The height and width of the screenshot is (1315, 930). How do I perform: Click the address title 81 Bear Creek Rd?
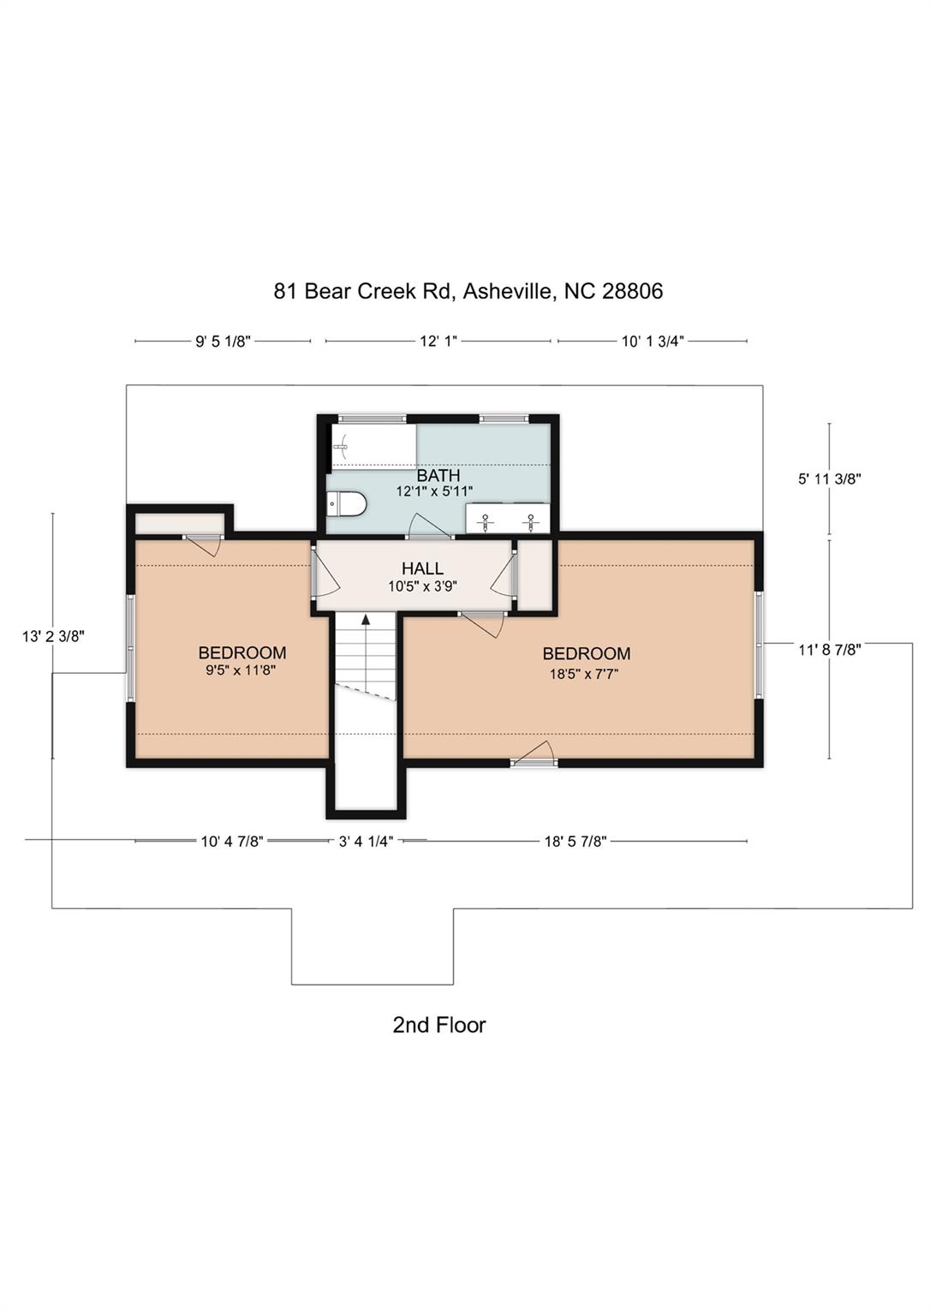point(468,291)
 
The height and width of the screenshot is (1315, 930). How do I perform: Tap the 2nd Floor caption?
point(438,1025)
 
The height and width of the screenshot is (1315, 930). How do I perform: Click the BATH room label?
point(438,475)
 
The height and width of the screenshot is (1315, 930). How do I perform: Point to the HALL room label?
point(422,568)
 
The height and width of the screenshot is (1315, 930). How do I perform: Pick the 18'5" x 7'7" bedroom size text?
point(584,674)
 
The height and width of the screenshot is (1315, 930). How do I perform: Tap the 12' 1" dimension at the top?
point(438,342)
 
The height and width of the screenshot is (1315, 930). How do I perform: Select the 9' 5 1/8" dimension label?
point(223,342)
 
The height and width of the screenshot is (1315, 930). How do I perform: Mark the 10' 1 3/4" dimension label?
point(652,342)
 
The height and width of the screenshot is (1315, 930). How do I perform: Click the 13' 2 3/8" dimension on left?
point(53,636)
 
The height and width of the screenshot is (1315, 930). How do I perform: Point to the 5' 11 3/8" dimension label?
point(829,479)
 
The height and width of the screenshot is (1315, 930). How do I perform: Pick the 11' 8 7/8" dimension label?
point(829,650)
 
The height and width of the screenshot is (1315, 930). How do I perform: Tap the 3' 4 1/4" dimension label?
point(366,842)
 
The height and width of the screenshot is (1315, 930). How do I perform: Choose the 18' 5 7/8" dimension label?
point(575,842)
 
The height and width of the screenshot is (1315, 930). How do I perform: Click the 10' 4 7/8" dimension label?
point(231,842)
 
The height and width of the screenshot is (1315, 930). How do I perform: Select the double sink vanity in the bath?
point(508,519)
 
